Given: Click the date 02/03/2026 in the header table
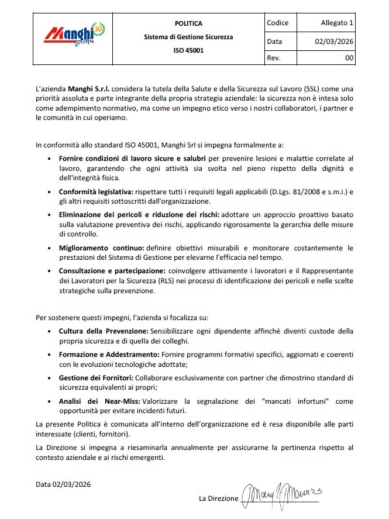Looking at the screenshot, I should click(334, 42).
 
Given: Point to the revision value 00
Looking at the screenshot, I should click(349, 58).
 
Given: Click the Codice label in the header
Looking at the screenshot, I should click(277, 23).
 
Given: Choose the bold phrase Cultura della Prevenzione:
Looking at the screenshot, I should click(104, 331).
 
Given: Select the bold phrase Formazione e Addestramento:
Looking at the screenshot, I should click(109, 355).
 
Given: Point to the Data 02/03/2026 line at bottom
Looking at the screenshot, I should click(63, 484).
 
